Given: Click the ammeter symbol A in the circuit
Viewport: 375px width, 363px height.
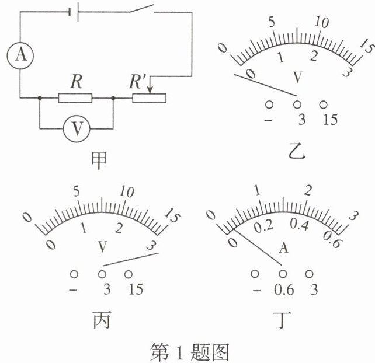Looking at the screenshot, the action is tap(20, 55).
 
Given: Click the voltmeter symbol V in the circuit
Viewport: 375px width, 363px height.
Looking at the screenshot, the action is tap(77, 128).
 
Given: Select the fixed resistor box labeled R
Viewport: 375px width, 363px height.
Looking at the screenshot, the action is tap(75, 98).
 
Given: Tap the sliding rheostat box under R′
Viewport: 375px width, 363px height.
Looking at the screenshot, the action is tap(149, 98).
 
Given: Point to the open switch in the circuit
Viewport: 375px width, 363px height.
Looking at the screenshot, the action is tap(142, 8).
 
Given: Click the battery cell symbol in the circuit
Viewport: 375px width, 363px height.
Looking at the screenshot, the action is tap(74, 12).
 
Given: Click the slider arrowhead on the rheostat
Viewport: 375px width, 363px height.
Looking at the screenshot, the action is tap(150, 90).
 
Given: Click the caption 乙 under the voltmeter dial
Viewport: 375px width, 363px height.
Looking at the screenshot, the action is tap(297, 151).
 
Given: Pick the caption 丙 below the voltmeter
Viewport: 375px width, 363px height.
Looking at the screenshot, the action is tap(102, 320).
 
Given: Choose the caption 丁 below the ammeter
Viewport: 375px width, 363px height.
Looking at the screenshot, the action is tap(283, 320).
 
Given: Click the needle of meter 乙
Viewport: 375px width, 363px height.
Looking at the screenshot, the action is tap(265, 85).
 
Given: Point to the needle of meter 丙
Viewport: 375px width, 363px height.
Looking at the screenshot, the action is tap(131, 259).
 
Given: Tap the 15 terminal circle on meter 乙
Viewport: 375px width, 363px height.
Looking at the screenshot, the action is tap(323, 104).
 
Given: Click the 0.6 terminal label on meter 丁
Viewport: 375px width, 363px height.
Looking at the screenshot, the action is tap(284, 289).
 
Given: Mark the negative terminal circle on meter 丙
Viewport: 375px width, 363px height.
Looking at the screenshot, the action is tap(74, 274).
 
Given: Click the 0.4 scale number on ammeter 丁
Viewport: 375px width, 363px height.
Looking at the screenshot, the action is tap(299, 225).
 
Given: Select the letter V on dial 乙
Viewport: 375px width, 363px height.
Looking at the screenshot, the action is tap(297, 77).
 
